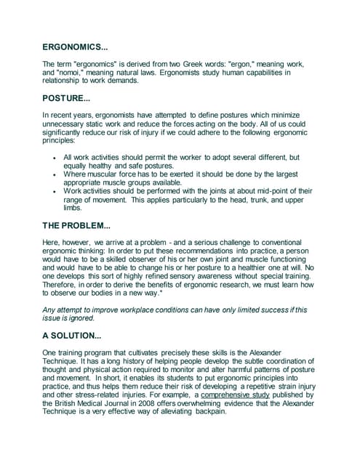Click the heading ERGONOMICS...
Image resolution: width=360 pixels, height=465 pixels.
click(x=75, y=48)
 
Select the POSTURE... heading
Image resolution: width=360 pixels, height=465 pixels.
click(x=67, y=98)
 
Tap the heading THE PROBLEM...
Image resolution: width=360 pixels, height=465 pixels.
click(x=76, y=225)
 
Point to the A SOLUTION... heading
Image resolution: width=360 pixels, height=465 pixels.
click(x=71, y=336)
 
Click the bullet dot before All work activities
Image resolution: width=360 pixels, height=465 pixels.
click(x=55, y=158)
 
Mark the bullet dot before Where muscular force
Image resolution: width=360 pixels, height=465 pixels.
click(x=55, y=174)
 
